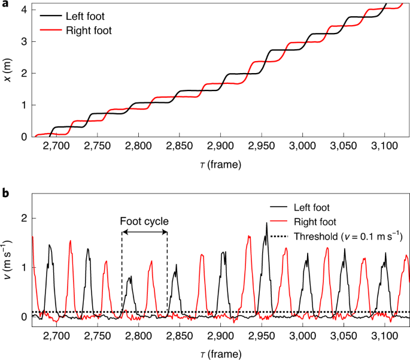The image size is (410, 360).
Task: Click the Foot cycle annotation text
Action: tap(144, 220)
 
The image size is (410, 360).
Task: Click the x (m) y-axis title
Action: tap(9, 71)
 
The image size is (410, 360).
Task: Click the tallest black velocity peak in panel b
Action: tap(266, 223)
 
